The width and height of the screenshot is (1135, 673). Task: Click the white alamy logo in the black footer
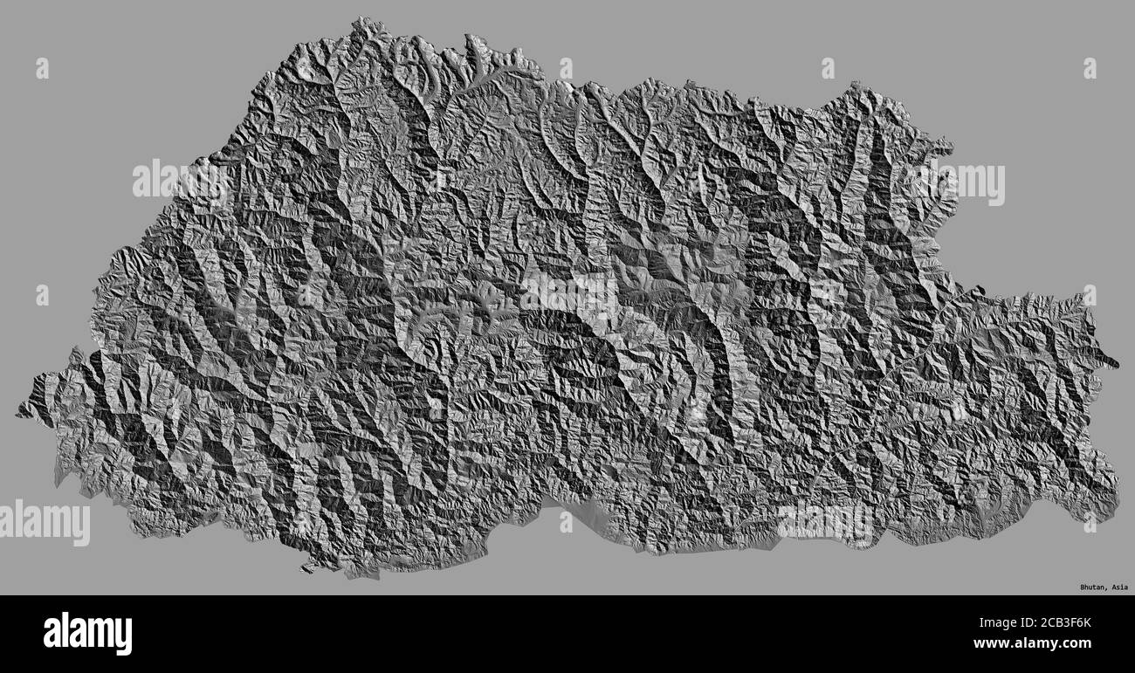tap(87, 634)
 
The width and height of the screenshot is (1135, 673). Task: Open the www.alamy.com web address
tap(1040, 646)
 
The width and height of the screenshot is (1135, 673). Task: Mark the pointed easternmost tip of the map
tap(1117, 363)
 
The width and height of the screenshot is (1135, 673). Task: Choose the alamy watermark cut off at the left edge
tap(44, 523)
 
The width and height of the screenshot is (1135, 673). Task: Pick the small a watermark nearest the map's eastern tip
tap(1090, 296)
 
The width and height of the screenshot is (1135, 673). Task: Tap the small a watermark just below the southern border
tap(567, 521)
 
